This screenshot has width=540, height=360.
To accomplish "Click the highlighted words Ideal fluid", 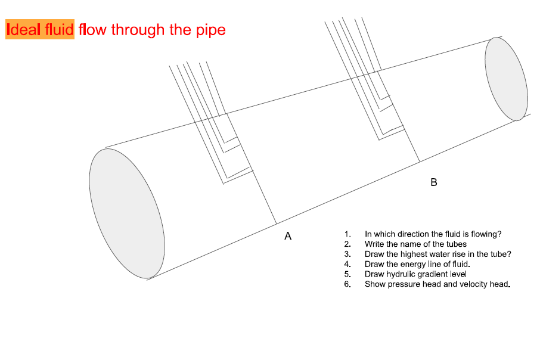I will pos(40,29).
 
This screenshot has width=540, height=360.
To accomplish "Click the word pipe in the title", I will pos(210,30).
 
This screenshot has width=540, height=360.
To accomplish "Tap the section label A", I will pos(288,237).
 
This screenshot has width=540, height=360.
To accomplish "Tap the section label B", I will pos(433,182).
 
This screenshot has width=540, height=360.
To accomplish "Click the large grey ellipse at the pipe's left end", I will pos(126,213).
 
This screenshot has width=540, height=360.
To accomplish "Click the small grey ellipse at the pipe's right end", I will pos(506,78).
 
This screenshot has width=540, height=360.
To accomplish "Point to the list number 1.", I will pos(347,235).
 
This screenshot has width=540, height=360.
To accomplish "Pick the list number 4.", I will pos(347,264).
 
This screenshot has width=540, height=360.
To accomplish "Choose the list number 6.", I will pos(347,284).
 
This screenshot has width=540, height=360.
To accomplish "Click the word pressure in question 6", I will pos(403,284).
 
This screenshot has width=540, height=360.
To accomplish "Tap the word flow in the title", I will pos(91,29).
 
